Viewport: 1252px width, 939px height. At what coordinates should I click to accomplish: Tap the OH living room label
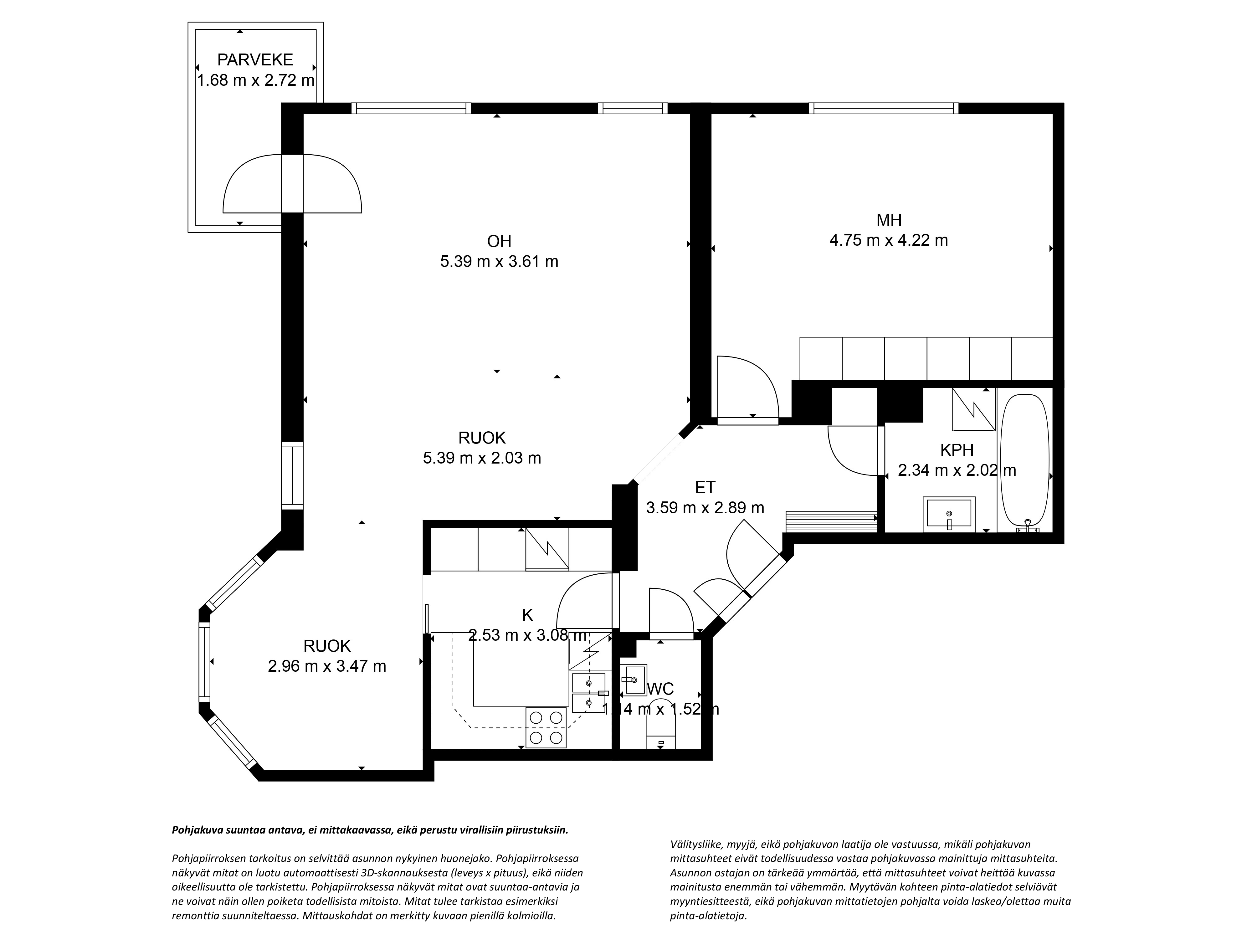499,242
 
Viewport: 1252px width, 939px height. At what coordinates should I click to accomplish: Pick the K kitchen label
527,615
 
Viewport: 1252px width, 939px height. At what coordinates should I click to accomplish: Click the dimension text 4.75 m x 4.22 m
889,240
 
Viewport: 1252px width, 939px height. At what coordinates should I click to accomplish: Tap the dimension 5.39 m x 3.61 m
499,261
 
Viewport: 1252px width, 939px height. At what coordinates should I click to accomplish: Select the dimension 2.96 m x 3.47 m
327,666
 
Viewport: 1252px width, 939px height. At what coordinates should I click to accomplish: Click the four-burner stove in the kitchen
546,728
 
